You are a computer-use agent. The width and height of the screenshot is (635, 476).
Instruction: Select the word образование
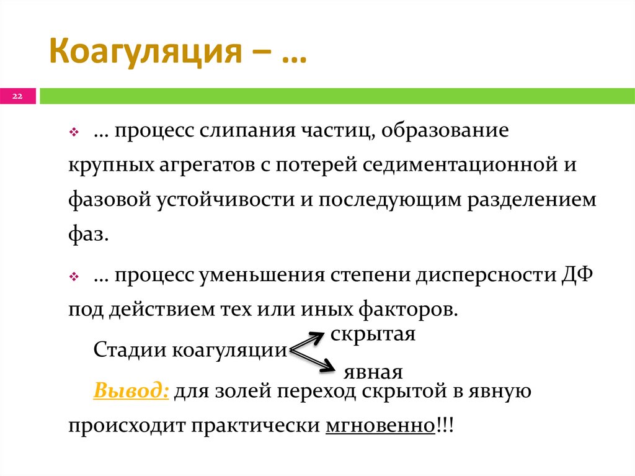point(445,132)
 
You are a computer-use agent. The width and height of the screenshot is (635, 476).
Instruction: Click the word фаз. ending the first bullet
point(89,235)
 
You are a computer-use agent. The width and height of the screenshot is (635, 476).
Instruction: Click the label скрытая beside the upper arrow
point(373,333)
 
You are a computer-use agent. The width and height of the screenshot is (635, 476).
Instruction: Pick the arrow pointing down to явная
point(313,361)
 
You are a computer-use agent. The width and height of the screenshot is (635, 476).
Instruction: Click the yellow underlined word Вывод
point(131,392)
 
